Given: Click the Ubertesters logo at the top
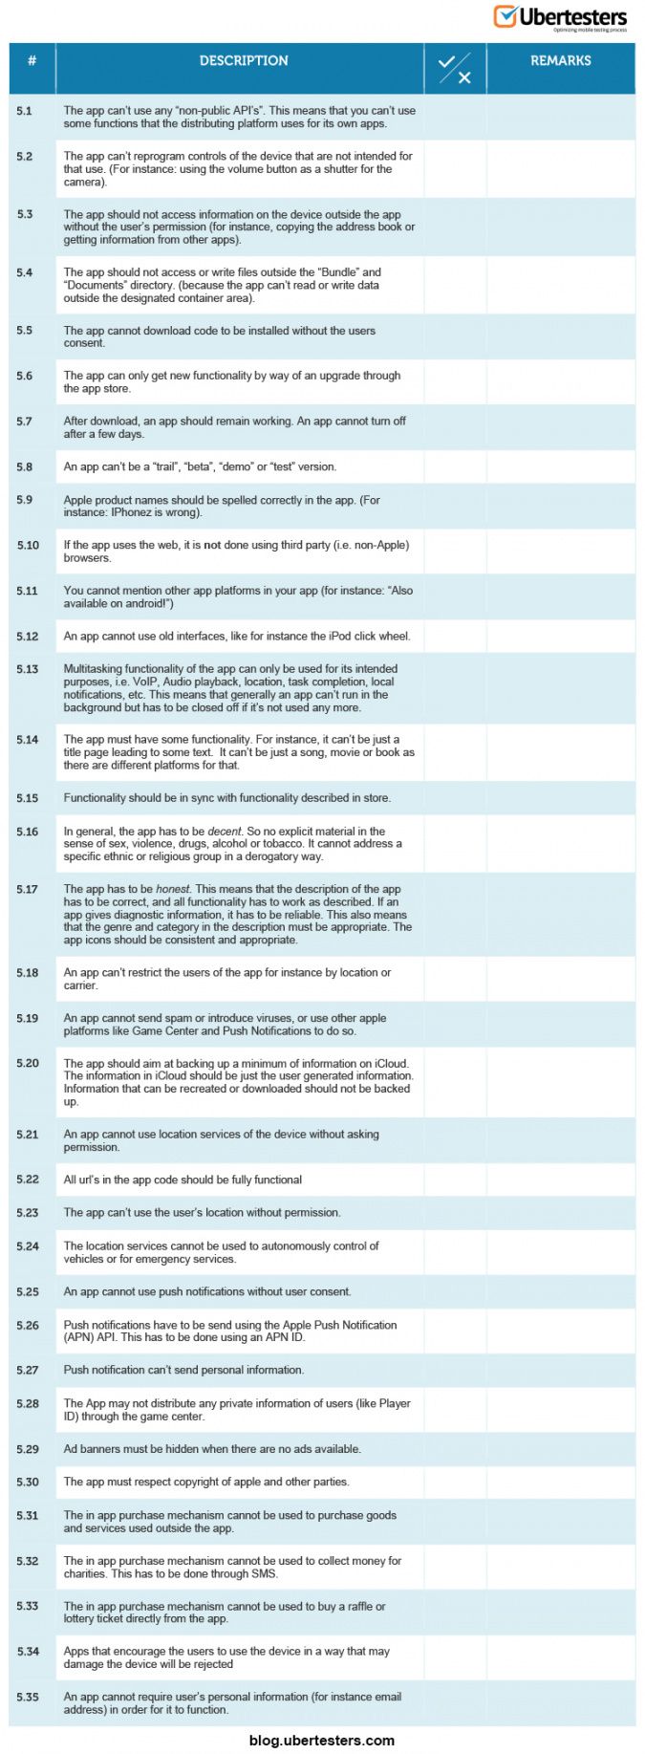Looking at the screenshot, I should pyautogui.click(x=560, y=18).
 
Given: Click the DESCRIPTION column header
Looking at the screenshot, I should pyautogui.click(x=244, y=60).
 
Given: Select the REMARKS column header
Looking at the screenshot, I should pyautogui.click(x=560, y=60).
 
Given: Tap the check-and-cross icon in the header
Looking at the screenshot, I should pyautogui.click(x=455, y=69).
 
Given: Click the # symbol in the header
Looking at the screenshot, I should pyautogui.click(x=32, y=60).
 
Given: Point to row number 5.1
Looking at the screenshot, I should pyautogui.click(x=24, y=111).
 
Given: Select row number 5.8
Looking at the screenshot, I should pyautogui.click(x=24, y=466).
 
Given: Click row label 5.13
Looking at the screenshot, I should pyautogui.click(x=27, y=669).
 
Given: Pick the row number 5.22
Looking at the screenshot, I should pyautogui.click(x=27, y=1180).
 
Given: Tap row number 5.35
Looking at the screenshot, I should pyautogui.click(x=27, y=1697).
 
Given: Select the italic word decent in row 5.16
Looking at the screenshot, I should pyautogui.click(x=225, y=832).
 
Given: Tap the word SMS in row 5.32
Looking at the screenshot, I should pyautogui.click(x=263, y=1573).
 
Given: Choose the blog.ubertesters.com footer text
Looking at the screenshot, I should pyautogui.click(x=321, y=1740).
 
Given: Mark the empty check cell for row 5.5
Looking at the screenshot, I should pyautogui.click(x=455, y=336).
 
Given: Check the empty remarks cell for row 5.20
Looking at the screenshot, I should pyautogui.click(x=560, y=1082).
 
